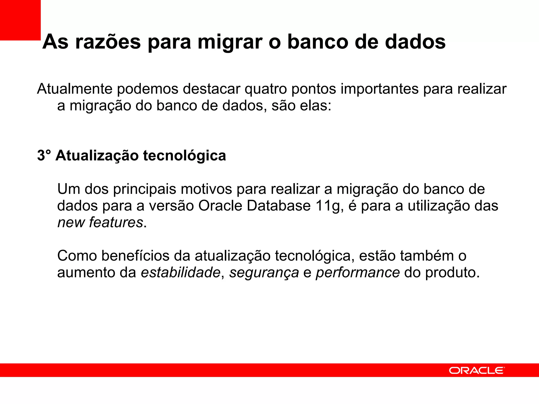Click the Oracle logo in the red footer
point(477,371)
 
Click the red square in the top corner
point(20,20)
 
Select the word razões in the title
point(108,42)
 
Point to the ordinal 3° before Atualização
point(44,155)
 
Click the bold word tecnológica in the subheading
point(184,155)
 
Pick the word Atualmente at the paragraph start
point(74,89)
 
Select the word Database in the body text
point(279,206)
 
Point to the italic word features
point(116,223)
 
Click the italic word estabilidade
point(181,272)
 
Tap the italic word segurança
point(264,272)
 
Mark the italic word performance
point(358,272)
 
